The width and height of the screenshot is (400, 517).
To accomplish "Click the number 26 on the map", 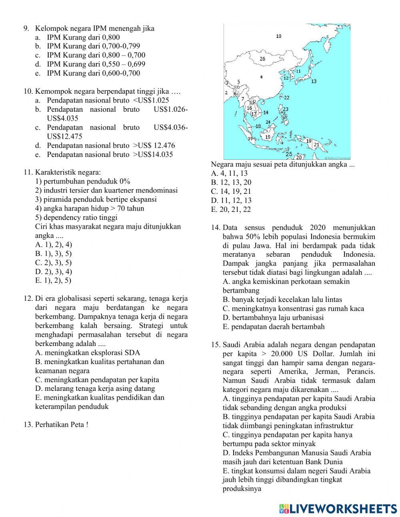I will pyautogui.click(x=262, y=59).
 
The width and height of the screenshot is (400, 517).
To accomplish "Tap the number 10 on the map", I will pyautogui.click(x=279, y=36).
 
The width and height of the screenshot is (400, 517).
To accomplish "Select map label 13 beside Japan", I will pyautogui.click(x=314, y=81).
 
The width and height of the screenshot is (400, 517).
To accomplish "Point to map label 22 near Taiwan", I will pyautogui.click(x=286, y=97).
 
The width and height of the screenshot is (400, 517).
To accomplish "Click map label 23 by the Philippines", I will pyautogui.click(x=286, y=109).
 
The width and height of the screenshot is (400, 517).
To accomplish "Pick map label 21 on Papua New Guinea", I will pyautogui.click(x=316, y=145).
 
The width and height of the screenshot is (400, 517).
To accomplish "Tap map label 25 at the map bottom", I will pyautogui.click(x=289, y=154).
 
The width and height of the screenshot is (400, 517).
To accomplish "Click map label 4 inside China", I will pyautogui.click(x=261, y=77).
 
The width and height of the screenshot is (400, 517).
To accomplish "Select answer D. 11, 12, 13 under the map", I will pyautogui.click(x=231, y=200).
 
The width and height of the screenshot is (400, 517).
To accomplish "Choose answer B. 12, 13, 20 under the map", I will pyautogui.click(x=231, y=182).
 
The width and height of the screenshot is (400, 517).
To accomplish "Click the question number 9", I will pyautogui.click(x=26, y=28).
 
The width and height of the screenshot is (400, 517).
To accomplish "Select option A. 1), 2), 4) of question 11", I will pyautogui.click(x=54, y=244).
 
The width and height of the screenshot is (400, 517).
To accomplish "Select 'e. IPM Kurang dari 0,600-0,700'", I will pyautogui.click(x=93, y=73).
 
